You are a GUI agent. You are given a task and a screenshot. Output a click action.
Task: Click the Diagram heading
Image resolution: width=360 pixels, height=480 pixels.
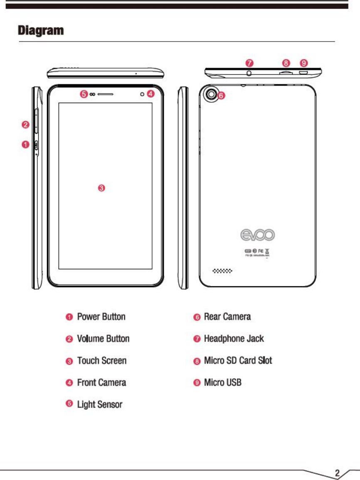[x=40, y=30]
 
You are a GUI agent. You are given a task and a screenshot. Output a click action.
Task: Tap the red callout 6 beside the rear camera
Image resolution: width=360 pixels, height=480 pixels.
[x=221, y=96]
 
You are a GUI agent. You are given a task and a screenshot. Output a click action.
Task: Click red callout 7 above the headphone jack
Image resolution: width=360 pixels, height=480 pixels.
[x=249, y=63]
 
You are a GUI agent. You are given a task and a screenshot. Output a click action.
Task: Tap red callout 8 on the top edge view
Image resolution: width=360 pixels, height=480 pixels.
[x=286, y=63]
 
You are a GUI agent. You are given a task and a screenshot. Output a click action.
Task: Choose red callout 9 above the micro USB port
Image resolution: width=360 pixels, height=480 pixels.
[x=304, y=63]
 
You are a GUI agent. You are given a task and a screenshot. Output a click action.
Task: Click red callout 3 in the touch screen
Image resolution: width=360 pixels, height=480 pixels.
[x=101, y=188]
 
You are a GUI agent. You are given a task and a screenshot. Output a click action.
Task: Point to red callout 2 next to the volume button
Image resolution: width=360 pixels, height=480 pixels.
[x=25, y=124]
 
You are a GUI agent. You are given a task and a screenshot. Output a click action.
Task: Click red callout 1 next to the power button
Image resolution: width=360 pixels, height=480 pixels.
[x=25, y=145]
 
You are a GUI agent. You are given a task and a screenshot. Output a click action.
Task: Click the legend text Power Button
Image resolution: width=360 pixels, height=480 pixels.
[x=101, y=317]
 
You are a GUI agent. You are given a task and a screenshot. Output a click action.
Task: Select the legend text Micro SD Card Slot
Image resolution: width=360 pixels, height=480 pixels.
[x=238, y=360]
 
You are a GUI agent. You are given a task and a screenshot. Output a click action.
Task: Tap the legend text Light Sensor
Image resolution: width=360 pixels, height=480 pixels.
[x=100, y=404]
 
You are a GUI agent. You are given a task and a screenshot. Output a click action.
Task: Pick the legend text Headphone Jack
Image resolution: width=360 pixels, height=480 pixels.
[x=234, y=339]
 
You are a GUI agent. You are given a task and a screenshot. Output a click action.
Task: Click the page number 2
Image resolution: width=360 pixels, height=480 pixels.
[x=338, y=473]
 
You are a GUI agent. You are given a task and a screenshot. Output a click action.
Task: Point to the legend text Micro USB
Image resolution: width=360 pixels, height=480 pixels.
[x=222, y=382]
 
